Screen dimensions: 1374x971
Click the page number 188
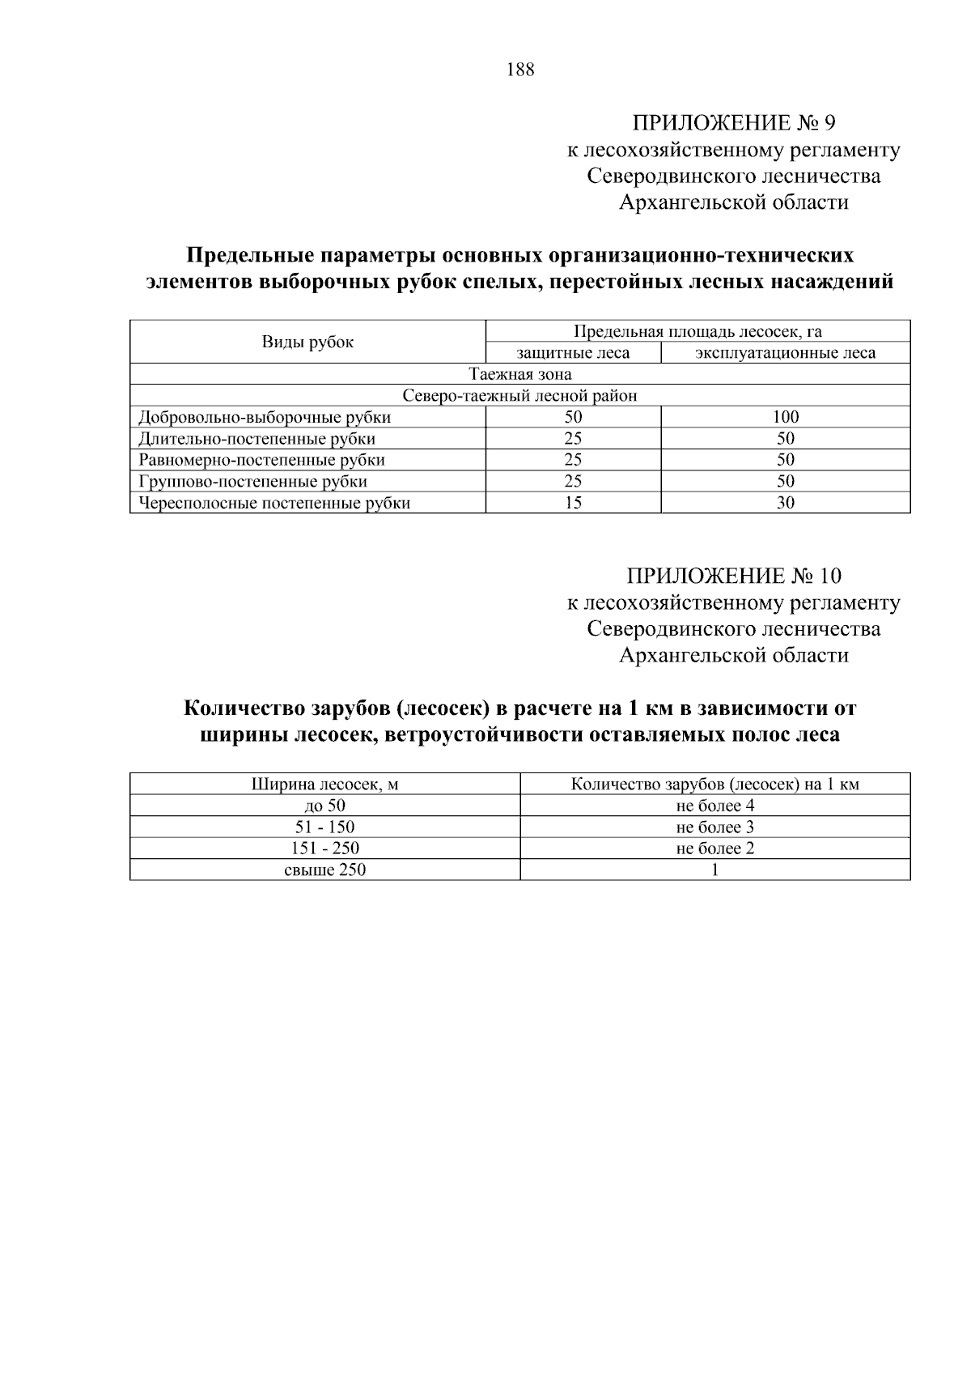(x=520, y=70)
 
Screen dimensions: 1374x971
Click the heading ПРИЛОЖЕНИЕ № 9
(x=733, y=123)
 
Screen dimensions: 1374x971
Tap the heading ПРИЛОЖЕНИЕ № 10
(x=733, y=576)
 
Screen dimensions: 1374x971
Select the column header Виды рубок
(x=307, y=342)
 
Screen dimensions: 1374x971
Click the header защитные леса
(x=573, y=353)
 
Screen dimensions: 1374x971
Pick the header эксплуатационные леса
(x=785, y=353)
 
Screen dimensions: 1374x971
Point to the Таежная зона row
(x=520, y=374)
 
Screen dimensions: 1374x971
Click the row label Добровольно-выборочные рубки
(x=265, y=418)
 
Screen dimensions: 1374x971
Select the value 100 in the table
(x=785, y=418)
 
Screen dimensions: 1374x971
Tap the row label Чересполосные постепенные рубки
(x=274, y=503)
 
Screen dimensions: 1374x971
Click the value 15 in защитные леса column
(x=573, y=503)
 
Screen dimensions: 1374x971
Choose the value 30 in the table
(x=785, y=503)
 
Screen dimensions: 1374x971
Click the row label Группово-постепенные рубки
(x=253, y=482)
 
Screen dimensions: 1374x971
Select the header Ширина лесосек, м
(x=325, y=785)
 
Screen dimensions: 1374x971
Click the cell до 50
(x=325, y=806)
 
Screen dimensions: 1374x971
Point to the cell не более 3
(x=715, y=827)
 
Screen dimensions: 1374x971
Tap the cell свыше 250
(x=325, y=870)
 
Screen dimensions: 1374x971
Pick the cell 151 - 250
(x=325, y=849)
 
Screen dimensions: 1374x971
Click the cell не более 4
(x=715, y=806)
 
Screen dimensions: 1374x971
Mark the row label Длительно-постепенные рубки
(x=257, y=439)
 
